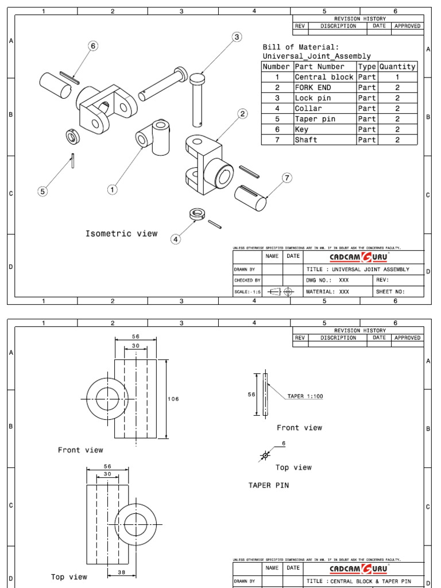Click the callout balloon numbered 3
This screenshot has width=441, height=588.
[x=237, y=37]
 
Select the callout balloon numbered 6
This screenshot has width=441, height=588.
[x=93, y=46]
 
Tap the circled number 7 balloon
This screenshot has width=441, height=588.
[x=287, y=178]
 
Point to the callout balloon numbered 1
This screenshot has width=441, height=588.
[x=113, y=189]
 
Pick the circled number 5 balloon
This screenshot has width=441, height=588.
[x=43, y=191]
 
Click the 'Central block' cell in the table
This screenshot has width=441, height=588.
[x=324, y=77]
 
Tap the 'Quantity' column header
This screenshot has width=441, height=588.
[x=397, y=67]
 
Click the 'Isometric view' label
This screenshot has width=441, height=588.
[x=121, y=234]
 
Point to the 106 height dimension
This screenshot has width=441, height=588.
[x=173, y=399]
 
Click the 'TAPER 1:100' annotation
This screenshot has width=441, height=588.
[x=304, y=396]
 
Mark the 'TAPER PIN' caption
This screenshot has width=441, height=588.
[x=268, y=485]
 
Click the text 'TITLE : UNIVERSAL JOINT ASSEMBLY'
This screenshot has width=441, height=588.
[x=358, y=269]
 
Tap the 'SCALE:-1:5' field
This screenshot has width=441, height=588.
[x=247, y=292]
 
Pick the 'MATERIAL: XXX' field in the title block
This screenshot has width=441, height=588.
[x=328, y=292]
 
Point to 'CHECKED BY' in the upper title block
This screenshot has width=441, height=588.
[x=247, y=280]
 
